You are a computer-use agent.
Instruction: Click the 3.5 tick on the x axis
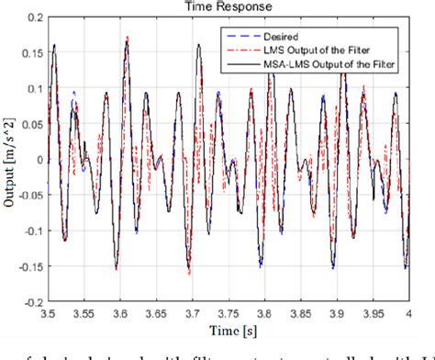(44, 312)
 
